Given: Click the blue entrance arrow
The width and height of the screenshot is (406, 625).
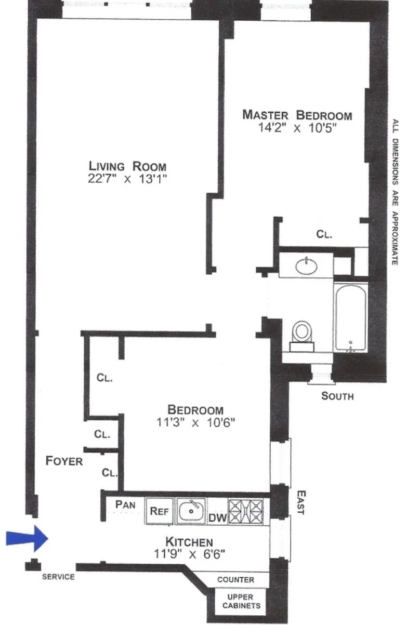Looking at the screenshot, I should click(27, 539).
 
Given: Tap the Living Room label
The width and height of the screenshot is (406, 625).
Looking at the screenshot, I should click(127, 166).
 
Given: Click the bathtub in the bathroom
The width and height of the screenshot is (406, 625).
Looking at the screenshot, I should click(350, 317).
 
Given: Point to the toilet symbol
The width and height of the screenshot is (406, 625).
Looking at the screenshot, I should click(302, 333).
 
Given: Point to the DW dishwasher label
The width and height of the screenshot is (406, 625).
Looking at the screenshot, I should click(215, 517).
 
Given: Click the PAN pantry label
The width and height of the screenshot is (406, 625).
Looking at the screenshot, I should click(125, 503).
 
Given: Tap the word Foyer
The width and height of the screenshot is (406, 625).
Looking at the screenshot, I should click(64, 460).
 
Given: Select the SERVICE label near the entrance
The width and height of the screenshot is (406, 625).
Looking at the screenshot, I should click(58, 577).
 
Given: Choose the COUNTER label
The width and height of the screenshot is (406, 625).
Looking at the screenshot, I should click(235, 579).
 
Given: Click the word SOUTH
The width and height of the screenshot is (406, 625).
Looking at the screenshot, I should click(337, 396).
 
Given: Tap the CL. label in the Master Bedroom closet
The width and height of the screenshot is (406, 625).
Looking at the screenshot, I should click(324, 234).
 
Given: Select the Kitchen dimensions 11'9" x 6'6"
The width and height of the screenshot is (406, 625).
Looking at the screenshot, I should click(189, 554).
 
